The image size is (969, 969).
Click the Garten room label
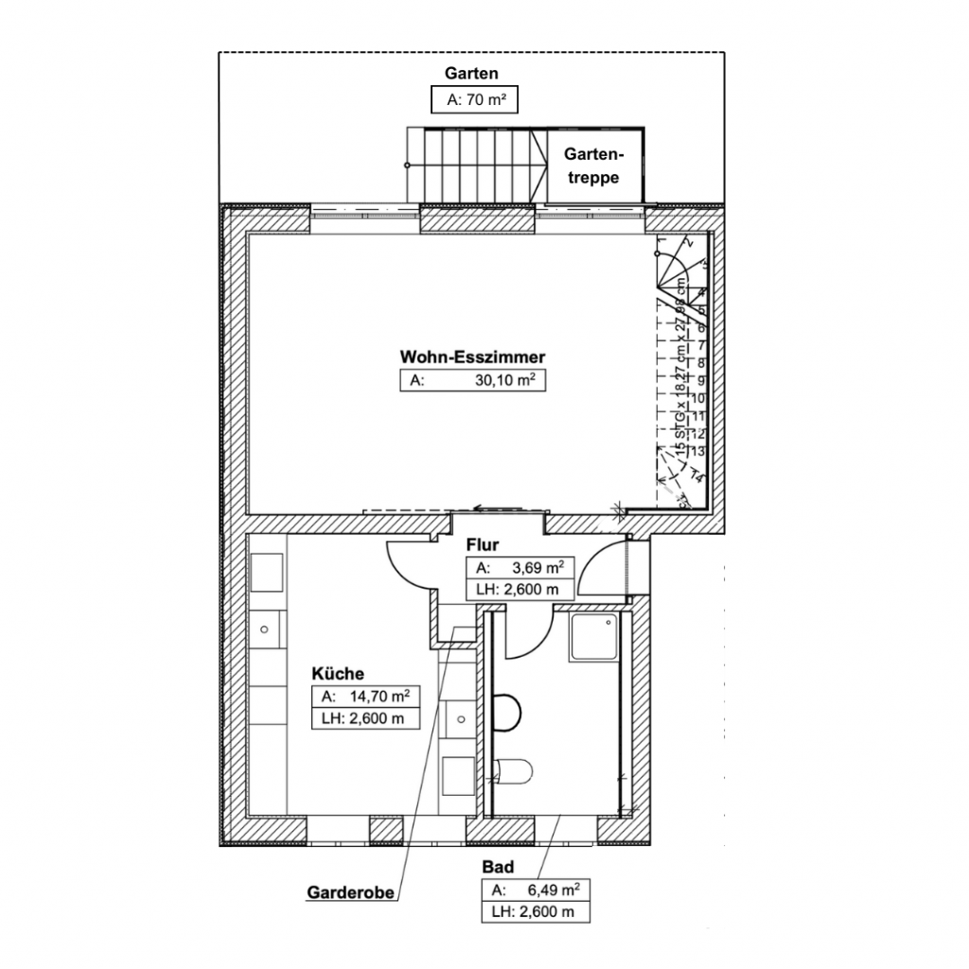tap(471, 74)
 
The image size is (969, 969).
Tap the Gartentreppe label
tap(592, 166)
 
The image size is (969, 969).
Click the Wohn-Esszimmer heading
tap(472, 358)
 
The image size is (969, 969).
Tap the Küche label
tap(338, 674)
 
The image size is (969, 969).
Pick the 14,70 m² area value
tap(378, 696)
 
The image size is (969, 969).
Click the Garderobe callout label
tap(349, 891)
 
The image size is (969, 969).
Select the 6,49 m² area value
tap(549, 890)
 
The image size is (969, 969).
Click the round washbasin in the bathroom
tap(509, 713)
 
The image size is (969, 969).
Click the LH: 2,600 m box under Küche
tap(364, 719)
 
